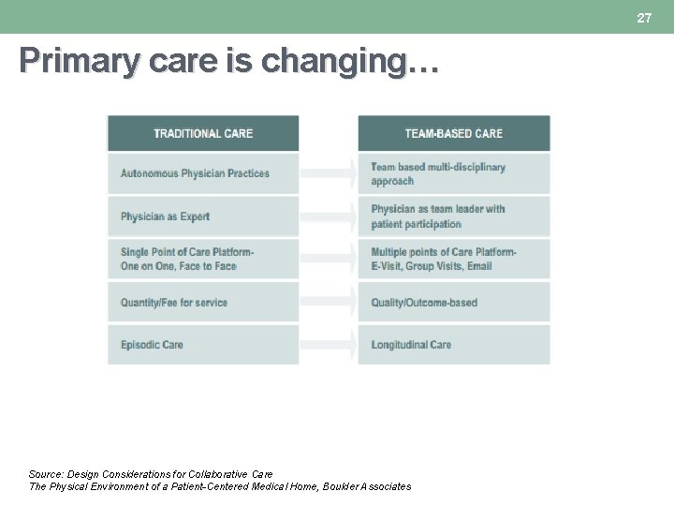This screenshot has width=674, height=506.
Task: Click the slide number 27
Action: pos(644,18)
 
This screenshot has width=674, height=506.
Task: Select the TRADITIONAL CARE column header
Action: pos(203,133)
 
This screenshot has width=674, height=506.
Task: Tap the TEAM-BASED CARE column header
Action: pos(454,133)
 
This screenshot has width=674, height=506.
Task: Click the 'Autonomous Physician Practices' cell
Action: pos(203,173)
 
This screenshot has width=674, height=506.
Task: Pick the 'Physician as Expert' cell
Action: pos(203,216)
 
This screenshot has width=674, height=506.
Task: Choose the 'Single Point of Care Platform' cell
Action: pos(203,259)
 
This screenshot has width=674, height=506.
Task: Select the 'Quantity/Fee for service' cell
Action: pos(203,303)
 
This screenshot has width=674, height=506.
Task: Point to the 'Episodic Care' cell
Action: pos(203,345)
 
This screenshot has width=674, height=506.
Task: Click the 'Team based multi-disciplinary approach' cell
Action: pos(454,173)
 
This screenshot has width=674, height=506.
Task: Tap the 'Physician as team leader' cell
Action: pos(454,216)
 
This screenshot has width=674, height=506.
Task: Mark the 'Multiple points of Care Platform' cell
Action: pos(454,259)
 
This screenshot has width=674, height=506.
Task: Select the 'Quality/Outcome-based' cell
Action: pos(454,303)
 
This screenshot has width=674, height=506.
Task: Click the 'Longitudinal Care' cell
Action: pos(454,345)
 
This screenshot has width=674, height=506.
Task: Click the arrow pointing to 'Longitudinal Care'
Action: pos(329,345)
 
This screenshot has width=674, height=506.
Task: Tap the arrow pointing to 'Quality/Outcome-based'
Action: pos(329,303)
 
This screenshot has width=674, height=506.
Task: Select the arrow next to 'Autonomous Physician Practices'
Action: pos(329,173)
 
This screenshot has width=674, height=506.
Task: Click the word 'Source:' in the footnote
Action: pos(46,474)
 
